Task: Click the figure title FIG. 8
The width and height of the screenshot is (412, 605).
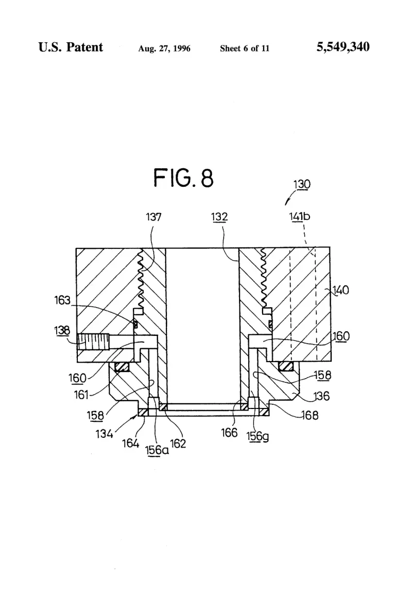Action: pos(183,178)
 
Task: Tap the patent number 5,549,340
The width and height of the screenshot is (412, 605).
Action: pos(343,47)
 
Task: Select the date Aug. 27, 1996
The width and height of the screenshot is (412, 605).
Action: pos(164,48)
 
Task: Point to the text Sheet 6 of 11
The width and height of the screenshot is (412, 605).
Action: pos(245,48)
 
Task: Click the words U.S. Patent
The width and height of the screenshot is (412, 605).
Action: pos(71,47)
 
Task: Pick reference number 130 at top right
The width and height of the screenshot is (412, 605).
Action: pos(302,184)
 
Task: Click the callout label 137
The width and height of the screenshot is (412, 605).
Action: pos(153,217)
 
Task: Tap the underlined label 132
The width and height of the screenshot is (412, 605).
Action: pos(219,217)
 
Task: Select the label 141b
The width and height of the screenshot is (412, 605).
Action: pos(300,217)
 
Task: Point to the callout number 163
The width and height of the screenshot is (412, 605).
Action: pos(62,300)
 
